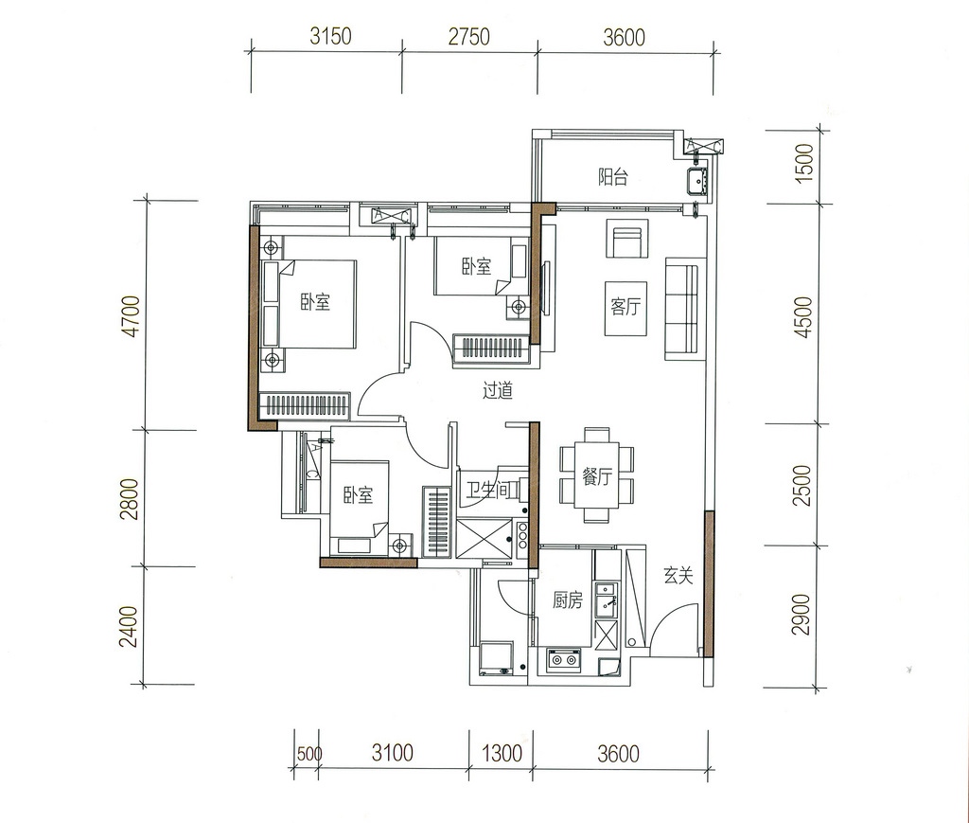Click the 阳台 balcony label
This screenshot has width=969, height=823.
point(612,177)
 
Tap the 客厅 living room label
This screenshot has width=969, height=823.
point(625,306)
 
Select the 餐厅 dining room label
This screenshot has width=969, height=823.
point(596,476)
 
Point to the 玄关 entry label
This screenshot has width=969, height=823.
point(678,576)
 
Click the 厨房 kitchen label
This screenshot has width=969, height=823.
point(568,599)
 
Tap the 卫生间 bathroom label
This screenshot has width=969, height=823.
point(490,491)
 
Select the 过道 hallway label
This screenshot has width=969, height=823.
point(498,390)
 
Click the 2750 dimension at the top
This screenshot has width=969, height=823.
point(469,37)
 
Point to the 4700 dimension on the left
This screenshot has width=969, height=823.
point(132,316)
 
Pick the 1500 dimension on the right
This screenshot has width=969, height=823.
point(804,163)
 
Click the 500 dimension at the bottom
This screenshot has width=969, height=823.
point(309,754)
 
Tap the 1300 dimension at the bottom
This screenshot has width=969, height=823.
point(502,753)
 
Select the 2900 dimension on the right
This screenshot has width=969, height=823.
point(801,614)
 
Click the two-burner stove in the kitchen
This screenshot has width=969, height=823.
point(564,659)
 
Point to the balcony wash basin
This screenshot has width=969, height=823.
point(699,180)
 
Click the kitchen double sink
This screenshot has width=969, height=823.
point(606,599)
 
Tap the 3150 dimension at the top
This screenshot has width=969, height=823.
point(330,37)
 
